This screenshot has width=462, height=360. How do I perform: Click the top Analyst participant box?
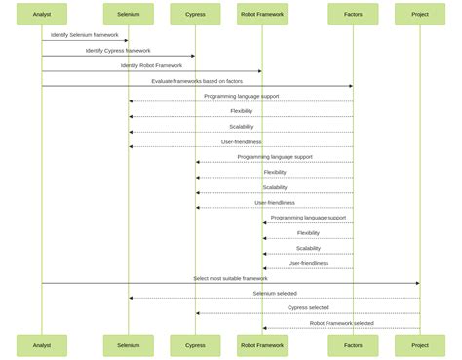coord(42,14)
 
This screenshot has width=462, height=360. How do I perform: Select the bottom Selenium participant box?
coord(128,345)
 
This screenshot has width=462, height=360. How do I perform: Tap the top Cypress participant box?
coord(195,14)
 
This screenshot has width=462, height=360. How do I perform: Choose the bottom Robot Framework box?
coord(262,345)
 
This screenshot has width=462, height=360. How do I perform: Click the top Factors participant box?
coord(353,14)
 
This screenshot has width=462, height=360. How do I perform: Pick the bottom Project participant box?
coord(420,345)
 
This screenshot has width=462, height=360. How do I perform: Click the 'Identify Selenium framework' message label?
coord(85,35)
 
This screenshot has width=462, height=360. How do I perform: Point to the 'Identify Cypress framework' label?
coord(118,50)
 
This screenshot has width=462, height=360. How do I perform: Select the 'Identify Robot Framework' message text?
coord(151,65)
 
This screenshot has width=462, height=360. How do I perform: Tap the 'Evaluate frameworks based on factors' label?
coord(197,81)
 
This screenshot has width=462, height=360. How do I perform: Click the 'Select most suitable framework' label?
coord(230,278)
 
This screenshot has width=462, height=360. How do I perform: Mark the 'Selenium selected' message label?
coord(275,293)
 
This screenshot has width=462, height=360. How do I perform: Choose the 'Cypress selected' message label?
coord(308,307)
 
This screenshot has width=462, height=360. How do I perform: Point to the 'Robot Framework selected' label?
coord(341,323)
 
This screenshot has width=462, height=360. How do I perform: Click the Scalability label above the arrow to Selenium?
coord(242,126)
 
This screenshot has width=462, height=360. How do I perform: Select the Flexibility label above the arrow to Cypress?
coord(275,172)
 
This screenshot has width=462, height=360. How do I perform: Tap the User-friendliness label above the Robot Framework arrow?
coord(308,262)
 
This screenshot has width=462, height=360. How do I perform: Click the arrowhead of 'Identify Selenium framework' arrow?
coord(126,41)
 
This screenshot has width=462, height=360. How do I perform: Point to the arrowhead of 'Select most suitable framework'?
coord(417,283)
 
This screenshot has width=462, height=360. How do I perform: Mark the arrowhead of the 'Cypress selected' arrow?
coord(198,313)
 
